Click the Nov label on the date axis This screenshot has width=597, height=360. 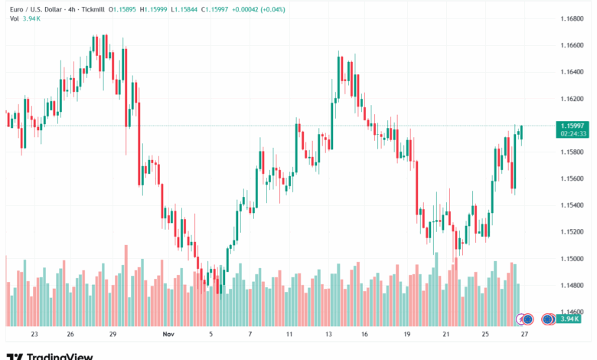169,334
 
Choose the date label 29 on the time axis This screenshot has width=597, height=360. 113,334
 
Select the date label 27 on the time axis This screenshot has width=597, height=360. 525,334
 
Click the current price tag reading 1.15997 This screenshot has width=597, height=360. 573,125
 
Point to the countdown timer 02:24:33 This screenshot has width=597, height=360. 573,133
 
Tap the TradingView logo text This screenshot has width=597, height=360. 59,356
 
